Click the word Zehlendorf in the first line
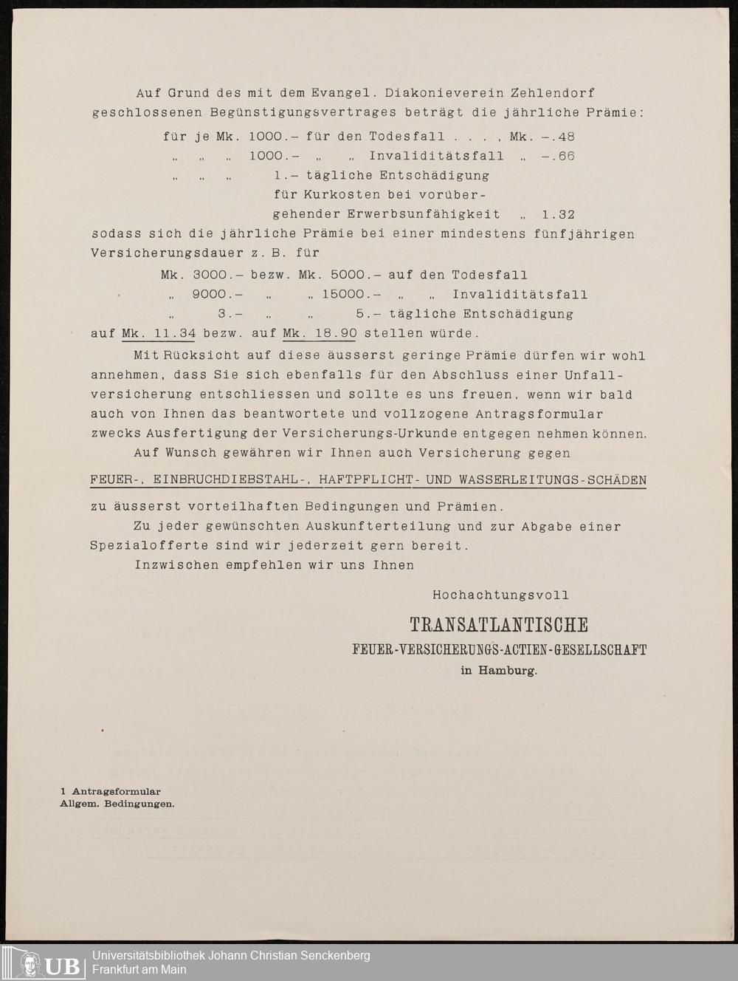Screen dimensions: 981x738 [552, 93]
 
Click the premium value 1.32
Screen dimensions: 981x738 [557, 214]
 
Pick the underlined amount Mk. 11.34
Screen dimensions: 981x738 [158, 333]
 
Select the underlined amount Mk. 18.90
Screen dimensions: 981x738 [320, 333]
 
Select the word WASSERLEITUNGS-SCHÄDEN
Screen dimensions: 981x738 [552, 480]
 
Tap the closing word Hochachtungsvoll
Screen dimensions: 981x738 [500, 595]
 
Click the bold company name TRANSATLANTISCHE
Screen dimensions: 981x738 [499, 625]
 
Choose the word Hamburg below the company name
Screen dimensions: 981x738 [508, 671]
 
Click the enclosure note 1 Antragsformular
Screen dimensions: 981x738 [111, 792]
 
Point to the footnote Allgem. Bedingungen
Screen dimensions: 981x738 [117, 804]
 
